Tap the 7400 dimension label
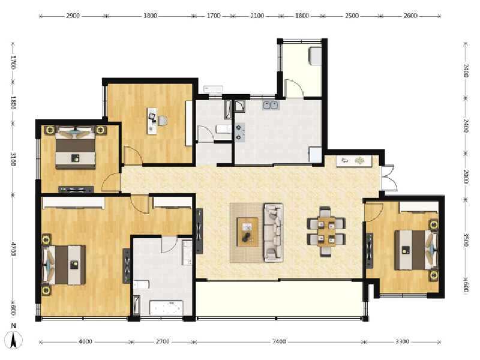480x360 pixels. click(279, 341)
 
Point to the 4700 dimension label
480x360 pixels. click(13, 249)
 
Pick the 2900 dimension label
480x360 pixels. click(73, 16)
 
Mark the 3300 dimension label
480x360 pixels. click(402, 341)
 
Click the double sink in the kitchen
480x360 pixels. click(271, 106)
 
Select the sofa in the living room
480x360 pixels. click(274, 233)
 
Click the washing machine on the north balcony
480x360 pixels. click(314, 56)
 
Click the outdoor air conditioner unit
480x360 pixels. click(213, 89)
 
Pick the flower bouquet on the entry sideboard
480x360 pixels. click(360, 161)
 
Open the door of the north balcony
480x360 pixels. click(295, 88)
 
